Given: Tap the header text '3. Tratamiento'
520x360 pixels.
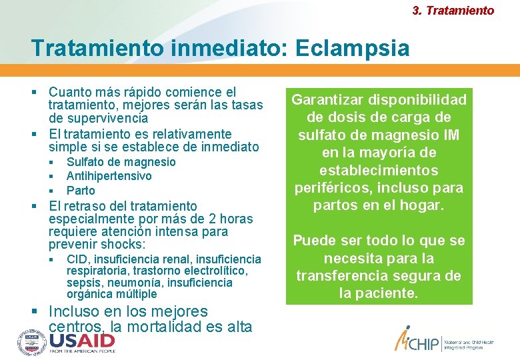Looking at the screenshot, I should pos(453,11).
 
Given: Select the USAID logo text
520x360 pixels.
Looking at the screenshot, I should pos(81,342).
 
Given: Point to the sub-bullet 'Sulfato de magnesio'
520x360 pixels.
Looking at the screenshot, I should pos(121,162).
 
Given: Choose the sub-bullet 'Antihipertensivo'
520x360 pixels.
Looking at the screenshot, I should pos(109,176).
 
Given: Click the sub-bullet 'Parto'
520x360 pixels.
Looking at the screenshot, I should pos(81,190).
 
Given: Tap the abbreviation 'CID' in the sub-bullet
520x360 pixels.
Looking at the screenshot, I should pos(77,259).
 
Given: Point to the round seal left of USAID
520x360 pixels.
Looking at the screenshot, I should pos(31,342).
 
